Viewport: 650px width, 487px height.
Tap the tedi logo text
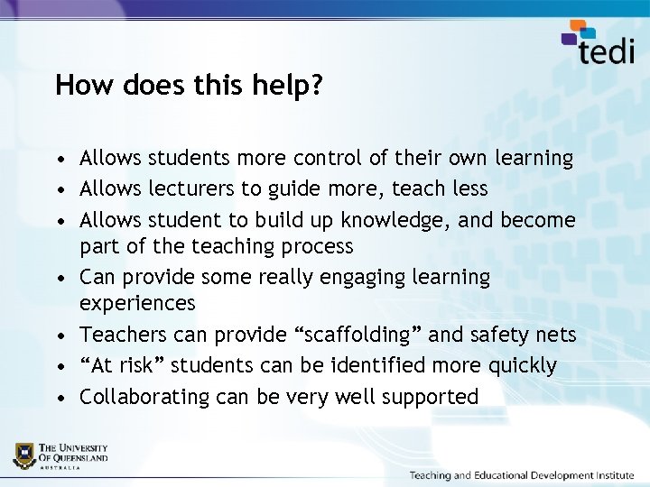click(606, 50)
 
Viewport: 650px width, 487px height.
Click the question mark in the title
click(317, 86)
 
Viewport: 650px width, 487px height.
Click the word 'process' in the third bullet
click(318, 246)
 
